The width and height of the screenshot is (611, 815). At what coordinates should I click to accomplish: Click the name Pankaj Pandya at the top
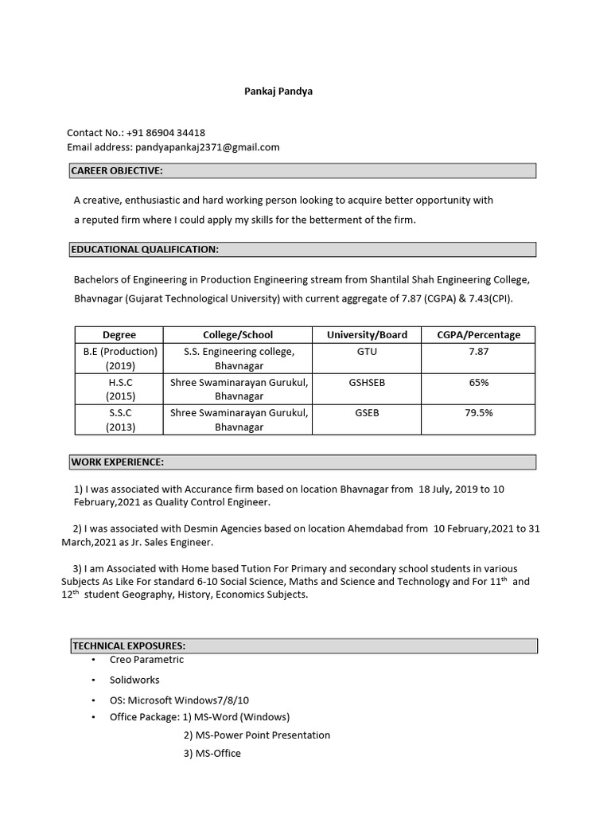pos(278,92)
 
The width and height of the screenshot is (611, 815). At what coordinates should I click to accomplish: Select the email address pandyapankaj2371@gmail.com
pos(207,147)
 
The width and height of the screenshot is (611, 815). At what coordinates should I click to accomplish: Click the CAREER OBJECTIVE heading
pos(117,170)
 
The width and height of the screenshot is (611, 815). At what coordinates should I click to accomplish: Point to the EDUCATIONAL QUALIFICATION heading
pos(145,249)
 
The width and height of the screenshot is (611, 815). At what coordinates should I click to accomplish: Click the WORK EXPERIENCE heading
pos(118,462)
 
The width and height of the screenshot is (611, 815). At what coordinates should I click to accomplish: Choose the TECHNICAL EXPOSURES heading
pos(129,645)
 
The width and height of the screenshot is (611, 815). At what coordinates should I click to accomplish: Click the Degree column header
pos(119,335)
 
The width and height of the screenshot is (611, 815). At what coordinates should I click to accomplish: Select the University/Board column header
pos(367,335)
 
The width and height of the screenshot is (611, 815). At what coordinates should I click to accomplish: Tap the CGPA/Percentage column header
pos(478,335)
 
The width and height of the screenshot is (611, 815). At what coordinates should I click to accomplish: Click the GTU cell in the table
pos(367,351)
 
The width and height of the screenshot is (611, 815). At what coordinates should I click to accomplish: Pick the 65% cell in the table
pos(479,383)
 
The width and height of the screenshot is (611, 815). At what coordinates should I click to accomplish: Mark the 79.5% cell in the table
pos(479,413)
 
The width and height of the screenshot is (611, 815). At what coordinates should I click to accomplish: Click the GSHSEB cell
pos(367,383)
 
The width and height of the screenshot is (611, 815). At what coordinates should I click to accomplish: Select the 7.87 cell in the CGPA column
pos(479,351)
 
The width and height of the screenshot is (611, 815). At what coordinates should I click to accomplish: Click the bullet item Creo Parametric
pos(147,659)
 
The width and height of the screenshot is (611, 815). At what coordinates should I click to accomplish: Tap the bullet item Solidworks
pos(134,680)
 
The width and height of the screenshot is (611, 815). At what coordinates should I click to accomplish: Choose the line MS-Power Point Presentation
pos(257,735)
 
